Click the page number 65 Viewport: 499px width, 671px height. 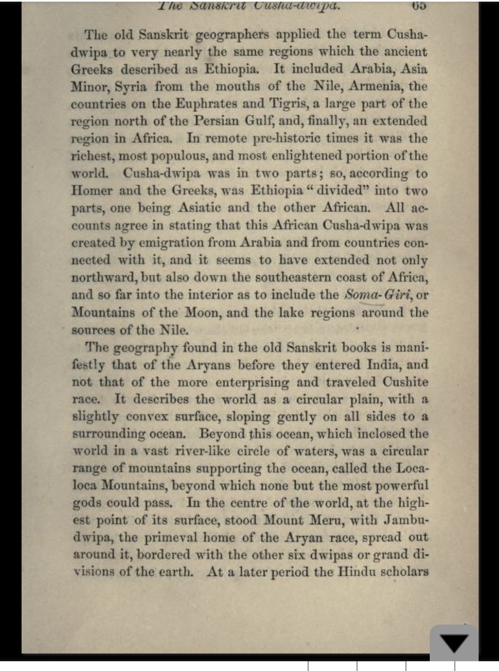[x=419, y=6]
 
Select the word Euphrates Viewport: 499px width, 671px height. [x=206, y=104]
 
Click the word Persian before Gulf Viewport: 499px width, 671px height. [x=216, y=121]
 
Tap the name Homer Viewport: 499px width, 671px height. [x=92, y=191]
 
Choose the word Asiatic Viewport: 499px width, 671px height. [x=200, y=208]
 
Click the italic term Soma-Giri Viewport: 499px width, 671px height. [x=377, y=294]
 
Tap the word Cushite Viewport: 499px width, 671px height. [x=405, y=382]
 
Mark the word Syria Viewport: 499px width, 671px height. [x=130, y=87]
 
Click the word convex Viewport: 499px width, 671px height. [x=147, y=417]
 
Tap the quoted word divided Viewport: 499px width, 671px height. [x=340, y=191]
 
